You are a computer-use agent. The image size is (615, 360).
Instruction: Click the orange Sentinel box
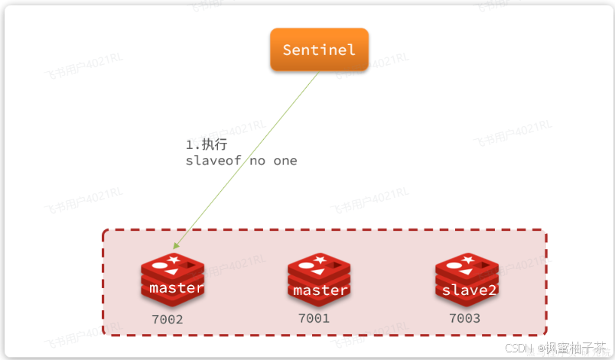(319, 50)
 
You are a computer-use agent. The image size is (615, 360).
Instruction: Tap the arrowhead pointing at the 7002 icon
(176, 246)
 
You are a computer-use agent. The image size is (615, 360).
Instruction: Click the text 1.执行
(207, 144)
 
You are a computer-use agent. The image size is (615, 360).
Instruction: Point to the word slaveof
(213, 161)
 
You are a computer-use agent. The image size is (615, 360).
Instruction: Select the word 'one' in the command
(285, 161)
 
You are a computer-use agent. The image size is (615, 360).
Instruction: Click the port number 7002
(168, 319)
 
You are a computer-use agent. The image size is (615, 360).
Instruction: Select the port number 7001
(314, 318)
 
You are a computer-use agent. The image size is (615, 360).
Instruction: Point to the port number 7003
(464, 318)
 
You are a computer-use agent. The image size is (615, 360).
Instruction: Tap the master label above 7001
(321, 290)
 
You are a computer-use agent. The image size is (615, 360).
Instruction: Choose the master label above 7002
(177, 288)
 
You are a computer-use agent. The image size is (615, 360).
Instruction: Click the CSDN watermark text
(520, 349)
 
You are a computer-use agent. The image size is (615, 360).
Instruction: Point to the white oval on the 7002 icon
(160, 266)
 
